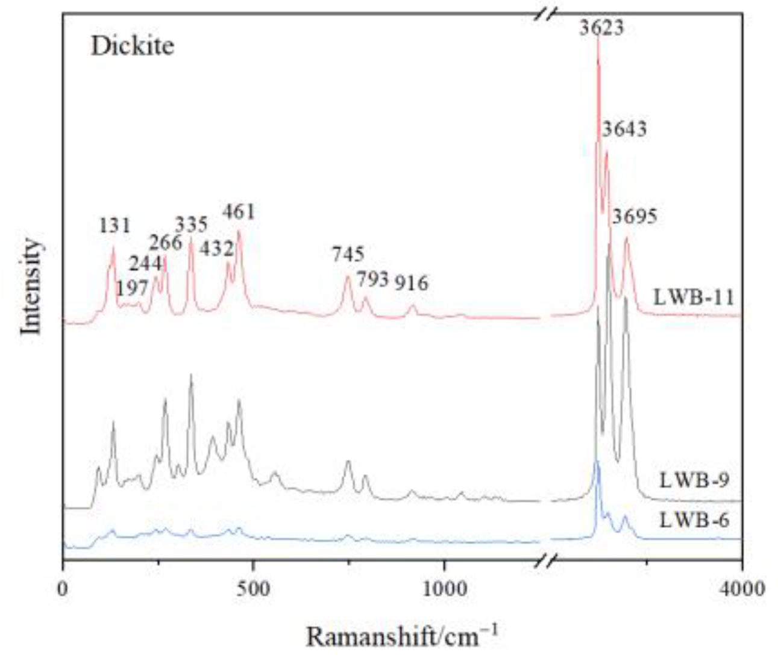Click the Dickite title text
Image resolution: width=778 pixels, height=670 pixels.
133,46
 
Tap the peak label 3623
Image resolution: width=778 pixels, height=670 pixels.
601,28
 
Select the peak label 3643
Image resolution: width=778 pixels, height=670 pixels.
624,129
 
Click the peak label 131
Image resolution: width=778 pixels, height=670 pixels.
115,226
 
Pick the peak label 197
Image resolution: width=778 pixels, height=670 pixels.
132,288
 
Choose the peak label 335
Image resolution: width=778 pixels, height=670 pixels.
191,225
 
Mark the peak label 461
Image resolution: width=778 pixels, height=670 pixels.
239,212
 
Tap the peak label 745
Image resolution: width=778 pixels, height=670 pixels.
348,254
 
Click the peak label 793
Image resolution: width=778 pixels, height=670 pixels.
372,279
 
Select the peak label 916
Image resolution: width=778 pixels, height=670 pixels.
412,283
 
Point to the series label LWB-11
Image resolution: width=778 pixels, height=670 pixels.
694,297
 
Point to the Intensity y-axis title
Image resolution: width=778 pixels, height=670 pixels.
31,287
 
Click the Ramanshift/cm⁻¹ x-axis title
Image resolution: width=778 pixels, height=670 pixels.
402,636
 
